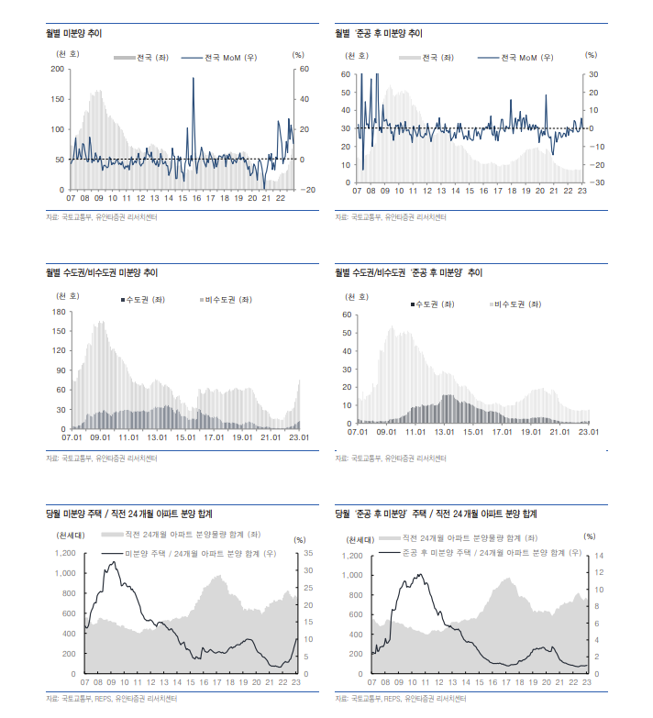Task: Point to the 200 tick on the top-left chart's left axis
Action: [59, 69]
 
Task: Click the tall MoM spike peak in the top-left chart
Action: [193, 78]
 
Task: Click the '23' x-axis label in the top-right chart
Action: [582, 191]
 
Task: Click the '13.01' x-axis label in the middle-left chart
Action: [158, 437]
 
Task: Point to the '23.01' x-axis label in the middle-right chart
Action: [587, 431]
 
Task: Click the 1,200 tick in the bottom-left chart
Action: [65, 553]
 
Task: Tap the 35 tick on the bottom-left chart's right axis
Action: [309, 553]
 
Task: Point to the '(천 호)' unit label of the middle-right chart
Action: [357, 296]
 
